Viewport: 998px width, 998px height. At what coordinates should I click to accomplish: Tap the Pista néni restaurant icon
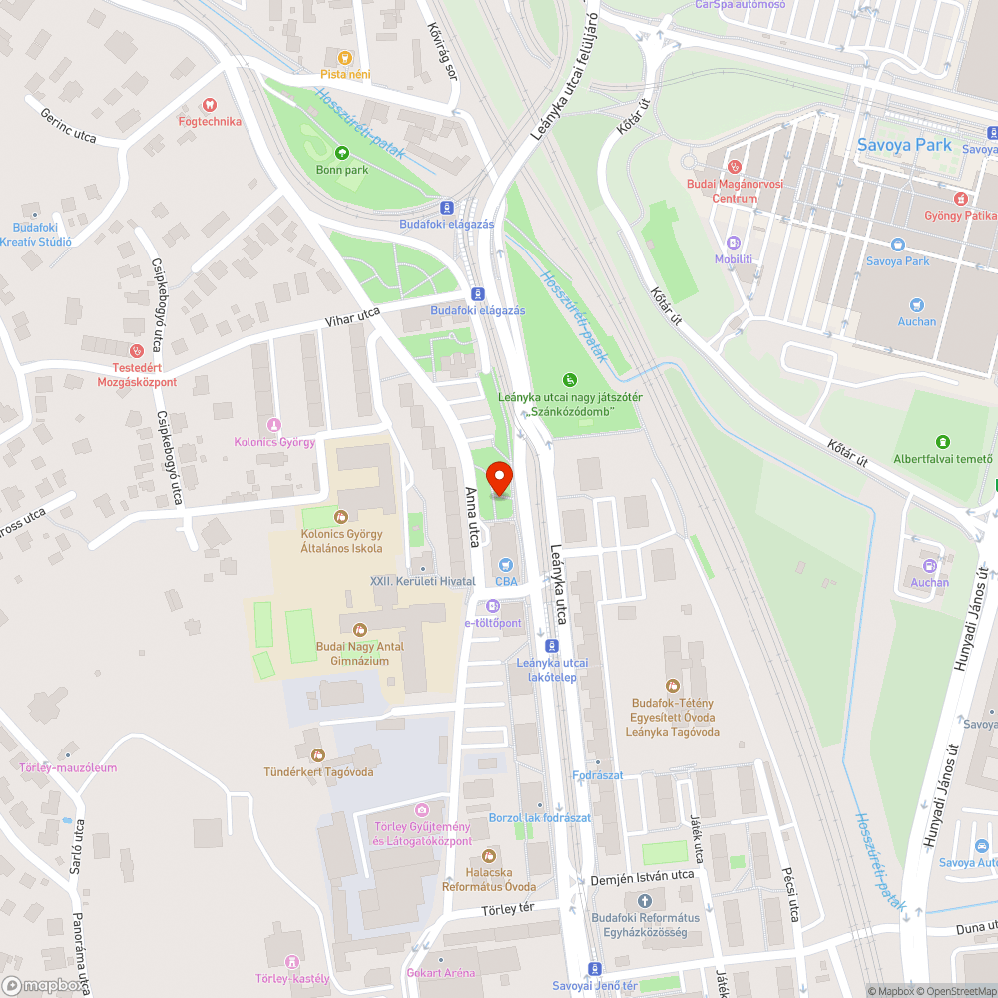(x=345, y=58)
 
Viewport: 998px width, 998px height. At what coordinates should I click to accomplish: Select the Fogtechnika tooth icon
(x=210, y=104)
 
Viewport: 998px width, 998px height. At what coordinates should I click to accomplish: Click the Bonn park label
(x=342, y=170)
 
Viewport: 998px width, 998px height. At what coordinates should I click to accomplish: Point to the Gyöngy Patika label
(x=961, y=215)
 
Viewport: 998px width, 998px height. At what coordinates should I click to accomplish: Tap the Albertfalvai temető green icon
(x=943, y=442)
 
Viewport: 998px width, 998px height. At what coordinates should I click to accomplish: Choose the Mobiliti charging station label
(x=734, y=259)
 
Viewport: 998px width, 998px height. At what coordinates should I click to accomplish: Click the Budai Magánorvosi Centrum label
(x=735, y=191)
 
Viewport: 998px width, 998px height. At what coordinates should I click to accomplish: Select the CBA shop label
(x=506, y=580)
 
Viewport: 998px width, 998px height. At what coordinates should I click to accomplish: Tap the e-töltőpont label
(x=493, y=623)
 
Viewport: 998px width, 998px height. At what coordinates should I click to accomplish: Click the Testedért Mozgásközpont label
(x=137, y=375)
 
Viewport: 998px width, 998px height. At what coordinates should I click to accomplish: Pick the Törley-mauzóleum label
(x=68, y=767)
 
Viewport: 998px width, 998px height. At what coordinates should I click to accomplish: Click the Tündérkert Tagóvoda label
(x=318, y=771)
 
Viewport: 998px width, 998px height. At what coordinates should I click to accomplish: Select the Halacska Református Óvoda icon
(x=489, y=856)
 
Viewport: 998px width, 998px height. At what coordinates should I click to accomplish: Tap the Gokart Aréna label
(x=440, y=972)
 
